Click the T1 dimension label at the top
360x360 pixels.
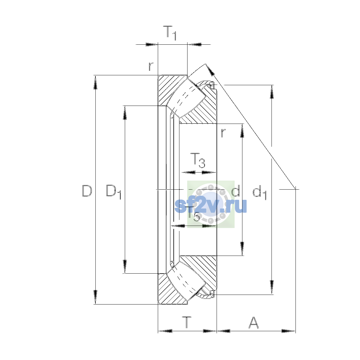pos(169,33)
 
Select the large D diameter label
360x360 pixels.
pos(87,191)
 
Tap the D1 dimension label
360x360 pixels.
pos(114,192)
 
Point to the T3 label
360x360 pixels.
pos(198,160)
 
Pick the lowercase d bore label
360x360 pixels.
pos(235,190)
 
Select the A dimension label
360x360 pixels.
pos(253,322)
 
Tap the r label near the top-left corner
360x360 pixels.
pos(151,66)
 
